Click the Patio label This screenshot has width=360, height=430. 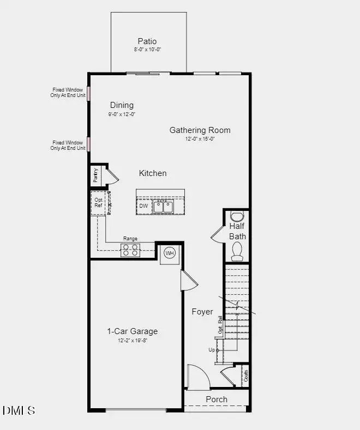147,41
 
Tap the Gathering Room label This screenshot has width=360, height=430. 200,130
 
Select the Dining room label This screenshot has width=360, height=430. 122,105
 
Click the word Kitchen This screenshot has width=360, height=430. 153,173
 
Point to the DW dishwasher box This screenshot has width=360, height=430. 143,206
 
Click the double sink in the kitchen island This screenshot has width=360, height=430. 163,207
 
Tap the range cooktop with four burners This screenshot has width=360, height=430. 130,250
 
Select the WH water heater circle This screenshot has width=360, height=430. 170,253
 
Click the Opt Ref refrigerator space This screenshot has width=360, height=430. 99,203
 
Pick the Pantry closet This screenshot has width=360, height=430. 96,175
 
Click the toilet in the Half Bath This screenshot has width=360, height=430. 237,251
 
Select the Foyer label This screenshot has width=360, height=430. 202,312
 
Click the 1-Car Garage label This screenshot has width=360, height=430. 132,331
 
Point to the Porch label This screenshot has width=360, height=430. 217,399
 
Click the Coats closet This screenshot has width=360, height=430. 245,376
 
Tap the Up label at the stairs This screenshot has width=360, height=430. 212,350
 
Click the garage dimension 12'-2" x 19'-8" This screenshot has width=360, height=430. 132,341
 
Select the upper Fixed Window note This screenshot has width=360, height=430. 68,92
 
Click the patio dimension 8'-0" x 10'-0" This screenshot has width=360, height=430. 147,50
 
